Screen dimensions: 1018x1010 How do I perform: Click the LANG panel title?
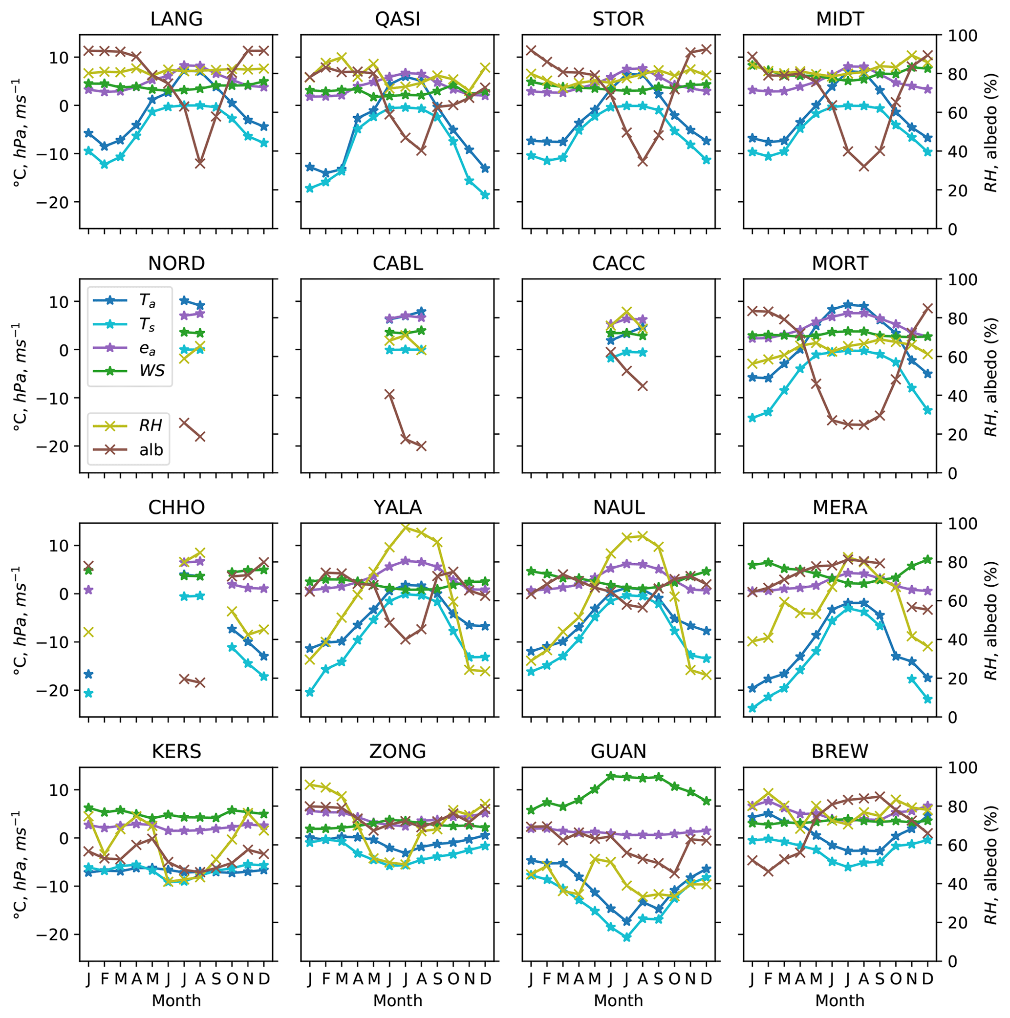(176, 20)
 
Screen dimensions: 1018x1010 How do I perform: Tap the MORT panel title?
(840, 263)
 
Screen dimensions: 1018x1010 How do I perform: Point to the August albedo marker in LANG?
(200, 163)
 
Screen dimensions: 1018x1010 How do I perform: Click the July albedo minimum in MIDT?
(863, 167)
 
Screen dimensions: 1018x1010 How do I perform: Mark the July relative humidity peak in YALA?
(406, 527)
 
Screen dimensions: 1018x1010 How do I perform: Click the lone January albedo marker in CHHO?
(88, 567)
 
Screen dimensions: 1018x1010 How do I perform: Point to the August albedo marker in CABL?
(421, 446)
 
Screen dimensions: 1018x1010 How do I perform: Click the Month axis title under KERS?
(176, 1000)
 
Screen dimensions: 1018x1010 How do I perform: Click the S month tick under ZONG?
(437, 978)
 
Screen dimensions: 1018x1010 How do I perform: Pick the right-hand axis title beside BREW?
(991, 864)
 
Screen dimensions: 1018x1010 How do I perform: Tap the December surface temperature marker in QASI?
(486, 195)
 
